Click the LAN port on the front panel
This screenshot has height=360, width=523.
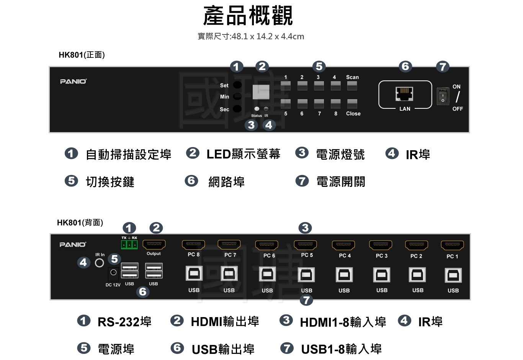point(404,93)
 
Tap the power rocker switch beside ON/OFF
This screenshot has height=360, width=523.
point(443,96)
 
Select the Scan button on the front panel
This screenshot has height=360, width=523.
point(352,85)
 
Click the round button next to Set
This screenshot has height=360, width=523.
point(237,85)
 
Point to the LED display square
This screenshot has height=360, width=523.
point(261,92)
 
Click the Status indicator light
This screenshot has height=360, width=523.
point(257,109)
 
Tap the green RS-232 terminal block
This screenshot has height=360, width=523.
point(129,244)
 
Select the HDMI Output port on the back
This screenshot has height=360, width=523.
point(154,244)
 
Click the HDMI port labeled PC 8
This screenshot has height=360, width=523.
point(193,245)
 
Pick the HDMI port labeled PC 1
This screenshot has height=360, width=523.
point(452,245)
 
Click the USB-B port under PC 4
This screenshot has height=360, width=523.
point(344,275)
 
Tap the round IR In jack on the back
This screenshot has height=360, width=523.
point(100,263)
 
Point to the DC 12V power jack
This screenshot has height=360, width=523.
point(113,273)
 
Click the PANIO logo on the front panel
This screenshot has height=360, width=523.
point(73,81)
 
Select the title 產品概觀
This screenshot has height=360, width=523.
point(248,16)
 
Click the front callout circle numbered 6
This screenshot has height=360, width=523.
point(405,67)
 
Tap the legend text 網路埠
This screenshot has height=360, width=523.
point(227,182)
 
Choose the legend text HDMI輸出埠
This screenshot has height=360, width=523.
point(225,322)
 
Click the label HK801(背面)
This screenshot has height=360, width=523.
point(80,223)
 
